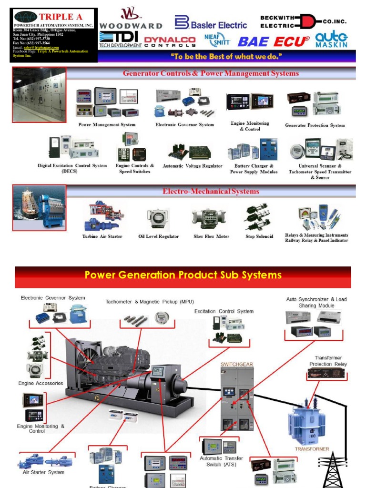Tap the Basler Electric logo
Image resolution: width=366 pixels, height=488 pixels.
[x=211, y=23]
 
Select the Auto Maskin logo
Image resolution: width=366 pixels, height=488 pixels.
[x=332, y=40]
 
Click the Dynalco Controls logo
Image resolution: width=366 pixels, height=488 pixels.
[x=170, y=42]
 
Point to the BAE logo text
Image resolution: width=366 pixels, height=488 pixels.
[x=254, y=41]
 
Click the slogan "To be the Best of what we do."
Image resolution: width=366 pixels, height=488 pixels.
[x=226, y=57]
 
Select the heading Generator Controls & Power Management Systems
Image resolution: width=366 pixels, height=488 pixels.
[x=211, y=73]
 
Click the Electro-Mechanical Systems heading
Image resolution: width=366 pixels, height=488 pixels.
[x=211, y=192]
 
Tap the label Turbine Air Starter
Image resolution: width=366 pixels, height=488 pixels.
[x=102, y=236]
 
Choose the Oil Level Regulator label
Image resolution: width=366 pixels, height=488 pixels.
[x=158, y=236]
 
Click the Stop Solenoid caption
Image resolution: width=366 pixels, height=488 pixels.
[x=259, y=236]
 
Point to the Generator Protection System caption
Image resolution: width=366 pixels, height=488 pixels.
[x=315, y=125]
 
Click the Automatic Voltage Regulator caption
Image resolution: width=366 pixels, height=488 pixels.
[x=192, y=166]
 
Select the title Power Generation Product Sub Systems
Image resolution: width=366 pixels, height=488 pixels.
[x=183, y=275]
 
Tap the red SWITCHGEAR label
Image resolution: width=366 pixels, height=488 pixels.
[x=236, y=364]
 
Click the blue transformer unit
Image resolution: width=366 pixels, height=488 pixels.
[x=306, y=424]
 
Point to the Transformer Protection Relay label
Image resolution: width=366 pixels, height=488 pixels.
[x=327, y=361]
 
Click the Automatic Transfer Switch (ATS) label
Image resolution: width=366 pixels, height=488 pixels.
[x=221, y=461]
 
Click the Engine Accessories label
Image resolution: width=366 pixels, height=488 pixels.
[x=41, y=383]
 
